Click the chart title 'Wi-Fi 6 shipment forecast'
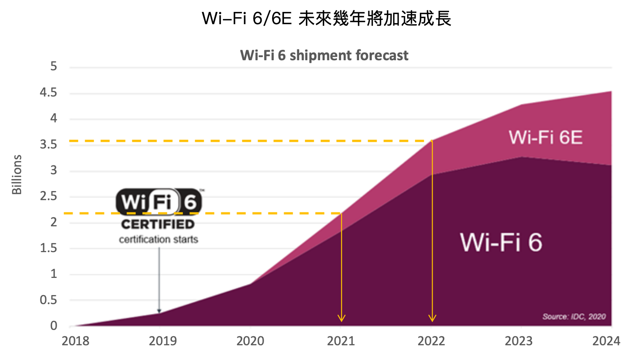324,56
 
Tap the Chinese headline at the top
326,18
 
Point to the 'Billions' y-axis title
17,175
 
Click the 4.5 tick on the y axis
48,92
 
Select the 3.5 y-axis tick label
48,144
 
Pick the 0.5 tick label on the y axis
48,300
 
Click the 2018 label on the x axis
75,341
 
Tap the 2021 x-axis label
341,341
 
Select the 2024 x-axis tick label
606,341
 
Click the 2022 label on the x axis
431,341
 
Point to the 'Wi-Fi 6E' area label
545,137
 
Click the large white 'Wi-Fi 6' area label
501,243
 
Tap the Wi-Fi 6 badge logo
158,201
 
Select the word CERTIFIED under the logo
158,224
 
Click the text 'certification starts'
158,239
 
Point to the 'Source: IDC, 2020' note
574,317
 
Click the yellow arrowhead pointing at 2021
342,318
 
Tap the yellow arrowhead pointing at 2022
432,318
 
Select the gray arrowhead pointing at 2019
159,310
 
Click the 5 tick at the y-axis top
54,66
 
